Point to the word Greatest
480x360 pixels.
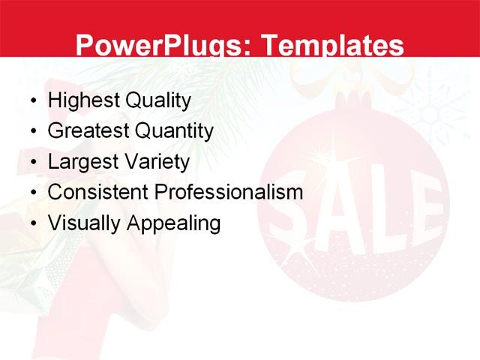(x=87, y=131)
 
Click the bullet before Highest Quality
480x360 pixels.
(x=32, y=101)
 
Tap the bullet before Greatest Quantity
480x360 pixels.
(x=32, y=132)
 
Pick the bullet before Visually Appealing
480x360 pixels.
(x=32, y=224)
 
